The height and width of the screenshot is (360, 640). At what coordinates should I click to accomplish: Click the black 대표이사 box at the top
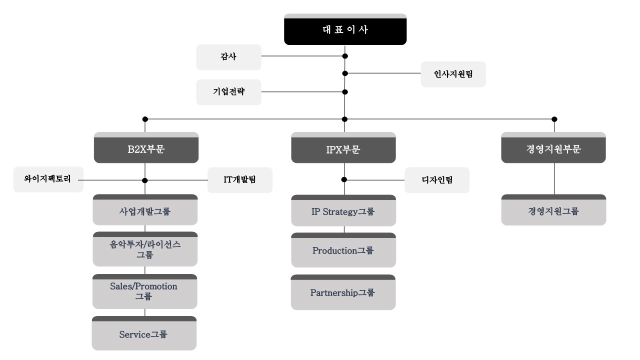(x=344, y=30)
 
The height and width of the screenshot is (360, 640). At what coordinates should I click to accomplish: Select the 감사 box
(x=228, y=57)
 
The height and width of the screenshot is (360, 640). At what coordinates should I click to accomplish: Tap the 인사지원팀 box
(x=453, y=74)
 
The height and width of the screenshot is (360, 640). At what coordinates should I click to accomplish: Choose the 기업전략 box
(x=228, y=92)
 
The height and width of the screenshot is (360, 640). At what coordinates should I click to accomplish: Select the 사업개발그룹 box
(x=145, y=211)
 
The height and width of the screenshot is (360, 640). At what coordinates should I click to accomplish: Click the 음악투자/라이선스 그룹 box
(x=145, y=250)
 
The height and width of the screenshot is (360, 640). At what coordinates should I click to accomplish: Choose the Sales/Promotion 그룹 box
(x=144, y=292)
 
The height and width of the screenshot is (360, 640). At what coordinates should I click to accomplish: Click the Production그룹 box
(x=343, y=251)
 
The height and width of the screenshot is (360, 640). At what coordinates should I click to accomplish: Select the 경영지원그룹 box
(x=553, y=211)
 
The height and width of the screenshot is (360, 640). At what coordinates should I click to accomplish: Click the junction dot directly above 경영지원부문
(x=554, y=119)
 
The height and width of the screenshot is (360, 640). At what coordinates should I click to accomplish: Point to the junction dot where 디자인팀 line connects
(x=344, y=179)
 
